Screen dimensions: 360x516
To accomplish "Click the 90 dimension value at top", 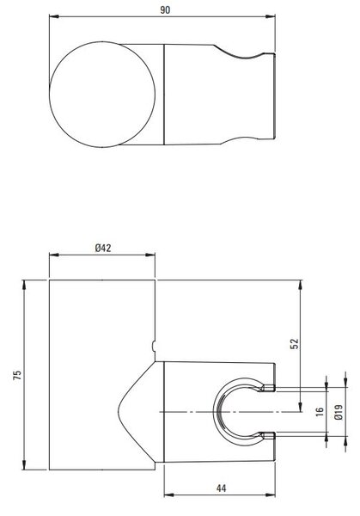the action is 165,9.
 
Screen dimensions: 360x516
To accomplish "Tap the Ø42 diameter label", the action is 103,248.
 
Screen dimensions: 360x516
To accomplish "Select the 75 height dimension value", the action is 17,375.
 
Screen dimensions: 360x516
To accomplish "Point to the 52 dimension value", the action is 295,343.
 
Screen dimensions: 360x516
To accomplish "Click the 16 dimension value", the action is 320,412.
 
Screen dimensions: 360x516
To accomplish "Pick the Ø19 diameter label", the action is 339,412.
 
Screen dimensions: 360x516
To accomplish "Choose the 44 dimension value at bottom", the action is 222,488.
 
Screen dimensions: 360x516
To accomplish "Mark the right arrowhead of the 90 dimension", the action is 271,16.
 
